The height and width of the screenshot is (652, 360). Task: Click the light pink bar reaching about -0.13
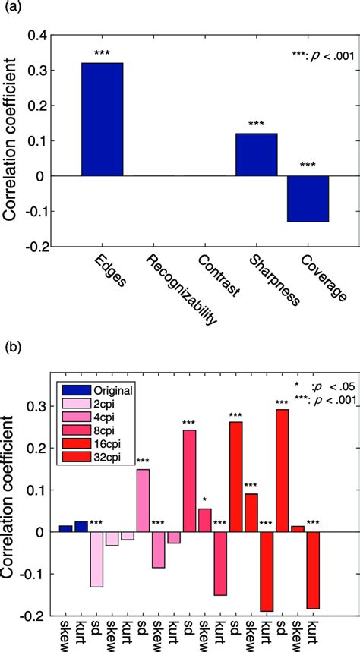[x=96, y=559]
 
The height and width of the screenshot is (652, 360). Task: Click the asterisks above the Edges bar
[x=102, y=53]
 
